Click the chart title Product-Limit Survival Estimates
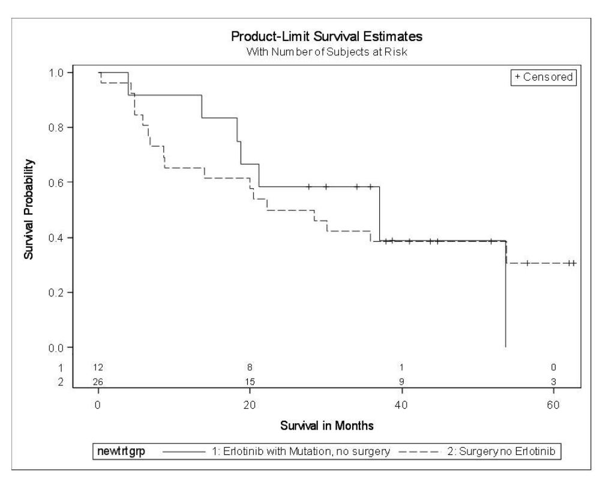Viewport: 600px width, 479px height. tap(327, 37)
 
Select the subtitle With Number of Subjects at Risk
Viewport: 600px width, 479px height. tap(327, 52)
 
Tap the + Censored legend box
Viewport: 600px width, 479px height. tap(544, 77)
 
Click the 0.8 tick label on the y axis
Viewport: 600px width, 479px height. tap(56, 127)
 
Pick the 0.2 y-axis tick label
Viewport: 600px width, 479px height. tap(56, 292)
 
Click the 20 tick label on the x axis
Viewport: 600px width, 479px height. tap(250, 404)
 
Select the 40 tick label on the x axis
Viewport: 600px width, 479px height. tap(401, 404)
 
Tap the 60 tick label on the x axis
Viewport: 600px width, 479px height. tap(553, 404)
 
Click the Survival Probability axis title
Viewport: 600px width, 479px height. tap(29, 209)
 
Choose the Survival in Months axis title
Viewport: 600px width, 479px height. tap(327, 426)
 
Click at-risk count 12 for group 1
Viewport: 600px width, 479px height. tap(98, 367)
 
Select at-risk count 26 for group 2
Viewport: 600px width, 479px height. tap(98, 382)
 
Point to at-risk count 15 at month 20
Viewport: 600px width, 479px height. tap(250, 382)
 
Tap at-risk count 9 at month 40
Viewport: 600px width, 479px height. tap(401, 382)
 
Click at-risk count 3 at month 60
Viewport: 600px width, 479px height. tap(553, 382)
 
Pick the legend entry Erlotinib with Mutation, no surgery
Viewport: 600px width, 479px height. tap(301, 451)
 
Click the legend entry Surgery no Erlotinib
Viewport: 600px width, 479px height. tap(501, 451)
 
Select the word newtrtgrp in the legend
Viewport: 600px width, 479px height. tap(121, 451)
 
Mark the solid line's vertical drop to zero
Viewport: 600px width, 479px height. tap(506, 294)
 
